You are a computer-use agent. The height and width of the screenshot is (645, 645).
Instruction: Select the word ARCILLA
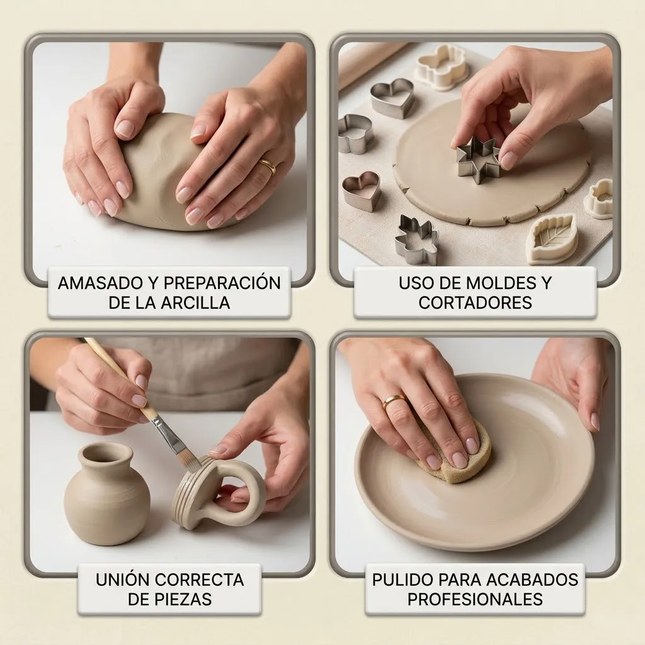point(197,302)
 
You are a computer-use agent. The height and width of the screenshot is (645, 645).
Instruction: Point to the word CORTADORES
point(475,302)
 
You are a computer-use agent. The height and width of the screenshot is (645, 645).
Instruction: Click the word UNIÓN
point(122,579)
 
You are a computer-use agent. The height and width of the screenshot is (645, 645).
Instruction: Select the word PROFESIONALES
point(475,598)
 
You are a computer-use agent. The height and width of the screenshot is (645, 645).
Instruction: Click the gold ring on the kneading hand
point(267,166)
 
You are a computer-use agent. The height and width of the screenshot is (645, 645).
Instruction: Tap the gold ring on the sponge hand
point(394,401)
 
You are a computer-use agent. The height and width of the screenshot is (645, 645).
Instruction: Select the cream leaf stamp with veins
point(551,238)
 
